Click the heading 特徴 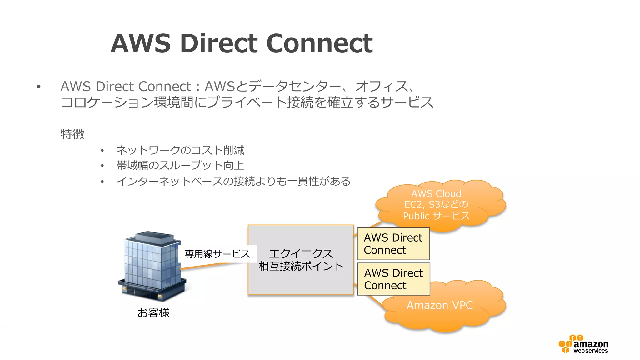pyautogui.click(x=72, y=134)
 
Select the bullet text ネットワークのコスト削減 pyautogui.click(x=180, y=150)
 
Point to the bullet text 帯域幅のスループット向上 pyautogui.click(x=180, y=165)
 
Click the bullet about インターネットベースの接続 pyautogui.click(x=233, y=181)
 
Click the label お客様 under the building pyautogui.click(x=153, y=313)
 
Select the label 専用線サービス pyautogui.click(x=217, y=254)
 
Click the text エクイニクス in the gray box pyautogui.click(x=301, y=253)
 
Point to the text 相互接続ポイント pyautogui.click(x=301, y=266)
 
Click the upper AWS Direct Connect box pyautogui.click(x=393, y=244)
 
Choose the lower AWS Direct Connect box pyautogui.click(x=393, y=279)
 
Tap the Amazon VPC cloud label pyautogui.click(x=439, y=305)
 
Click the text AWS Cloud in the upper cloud pyautogui.click(x=436, y=194)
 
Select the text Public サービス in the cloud pyautogui.click(x=436, y=216)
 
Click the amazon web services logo pyautogui.click(x=583, y=344)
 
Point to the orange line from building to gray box pyautogui.click(x=209, y=266)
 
